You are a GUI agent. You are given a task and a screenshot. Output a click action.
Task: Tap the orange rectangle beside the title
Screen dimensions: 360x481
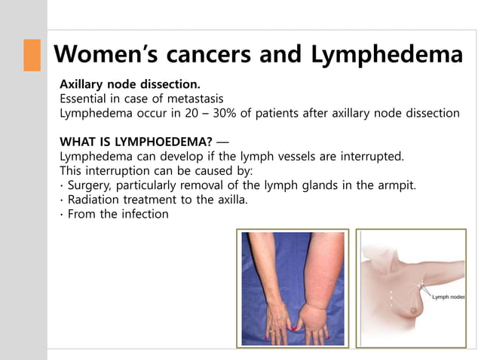click(x=32, y=55)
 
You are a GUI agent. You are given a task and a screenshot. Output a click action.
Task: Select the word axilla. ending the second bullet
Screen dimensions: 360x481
click(x=228, y=200)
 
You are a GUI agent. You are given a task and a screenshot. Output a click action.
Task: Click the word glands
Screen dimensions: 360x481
click(x=319, y=185)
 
